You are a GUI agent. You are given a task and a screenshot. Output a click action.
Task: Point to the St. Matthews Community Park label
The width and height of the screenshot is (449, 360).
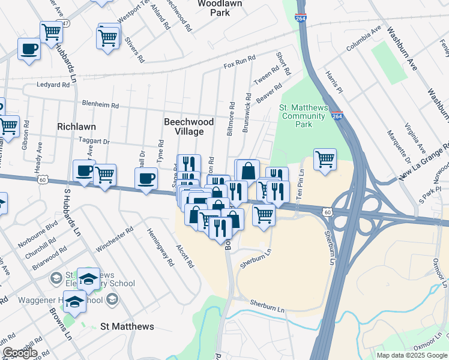click(304, 116)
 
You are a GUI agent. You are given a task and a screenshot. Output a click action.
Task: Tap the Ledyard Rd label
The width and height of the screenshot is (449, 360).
click(53, 85)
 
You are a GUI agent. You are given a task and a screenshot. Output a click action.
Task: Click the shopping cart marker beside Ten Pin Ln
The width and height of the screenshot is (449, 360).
click(325, 160)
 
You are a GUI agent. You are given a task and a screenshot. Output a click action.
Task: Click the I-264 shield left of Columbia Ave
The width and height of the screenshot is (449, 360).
click(301, 18)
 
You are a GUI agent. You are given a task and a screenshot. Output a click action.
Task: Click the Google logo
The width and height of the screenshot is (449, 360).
click(20, 353)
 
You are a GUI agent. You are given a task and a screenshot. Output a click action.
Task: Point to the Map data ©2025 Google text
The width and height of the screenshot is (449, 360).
click(411, 355)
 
